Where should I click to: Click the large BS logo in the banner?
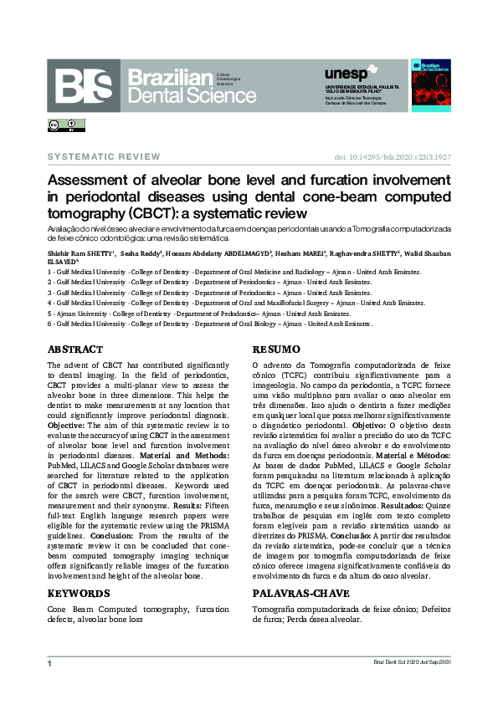(x=84, y=86)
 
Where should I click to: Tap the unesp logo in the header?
(x=344, y=74)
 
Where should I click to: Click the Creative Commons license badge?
(x=66, y=125)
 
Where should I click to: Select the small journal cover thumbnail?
(x=430, y=84)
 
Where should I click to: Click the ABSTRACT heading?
(x=75, y=349)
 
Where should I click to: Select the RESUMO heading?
(x=276, y=349)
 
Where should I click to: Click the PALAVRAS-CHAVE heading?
(x=300, y=593)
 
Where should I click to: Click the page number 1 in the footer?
(x=49, y=663)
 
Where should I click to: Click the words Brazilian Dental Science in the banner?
(x=192, y=86)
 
